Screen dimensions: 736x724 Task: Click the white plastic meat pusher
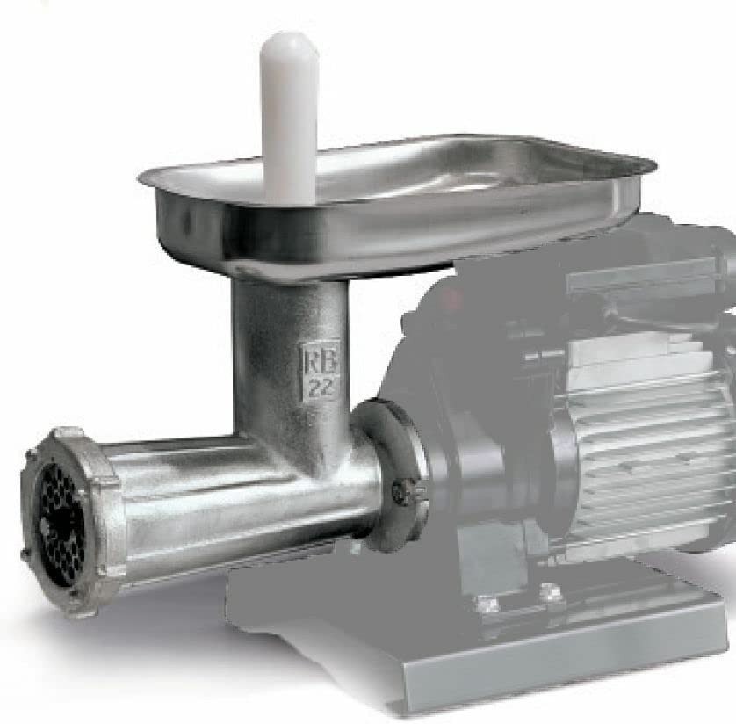pos(289,118)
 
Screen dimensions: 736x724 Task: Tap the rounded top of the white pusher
pos(289,42)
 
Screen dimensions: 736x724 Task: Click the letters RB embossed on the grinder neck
pos(318,359)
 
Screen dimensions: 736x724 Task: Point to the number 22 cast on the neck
pos(321,387)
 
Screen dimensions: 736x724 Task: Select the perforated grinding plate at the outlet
pos(61,525)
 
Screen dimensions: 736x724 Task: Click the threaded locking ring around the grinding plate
pos(70,521)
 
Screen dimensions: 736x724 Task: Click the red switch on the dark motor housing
pos(451,297)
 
